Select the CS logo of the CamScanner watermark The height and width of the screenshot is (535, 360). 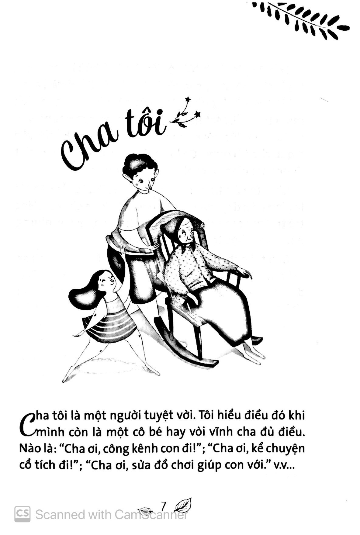tap(22, 514)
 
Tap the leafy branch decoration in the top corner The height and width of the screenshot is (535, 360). tap(301, 18)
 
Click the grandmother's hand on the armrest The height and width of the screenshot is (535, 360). tap(244, 272)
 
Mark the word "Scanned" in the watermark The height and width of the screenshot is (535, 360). tap(60, 515)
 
